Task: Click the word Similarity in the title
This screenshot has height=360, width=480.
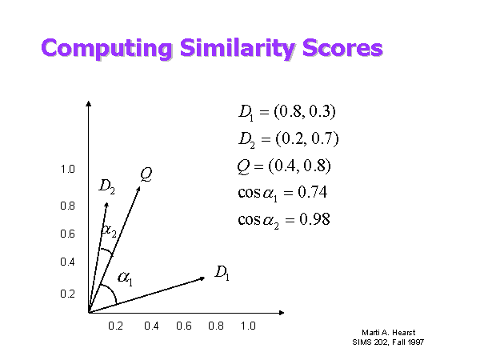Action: tap(238, 48)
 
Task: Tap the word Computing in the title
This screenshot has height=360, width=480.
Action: tap(106, 48)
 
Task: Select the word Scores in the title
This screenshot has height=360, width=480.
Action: tap(343, 48)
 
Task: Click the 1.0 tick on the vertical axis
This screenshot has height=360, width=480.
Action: tap(68, 169)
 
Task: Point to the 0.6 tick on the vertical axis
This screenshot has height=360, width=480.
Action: tap(68, 234)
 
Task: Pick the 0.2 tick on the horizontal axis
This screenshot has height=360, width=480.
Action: tap(116, 326)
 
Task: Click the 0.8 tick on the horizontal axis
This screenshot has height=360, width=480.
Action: tap(216, 326)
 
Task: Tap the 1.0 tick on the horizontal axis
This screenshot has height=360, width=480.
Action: tap(248, 326)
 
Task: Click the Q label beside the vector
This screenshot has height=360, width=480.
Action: tap(146, 174)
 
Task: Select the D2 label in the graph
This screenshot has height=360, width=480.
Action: tap(107, 186)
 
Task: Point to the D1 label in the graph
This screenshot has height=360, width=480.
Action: tap(222, 273)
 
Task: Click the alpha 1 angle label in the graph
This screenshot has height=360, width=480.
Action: tap(126, 278)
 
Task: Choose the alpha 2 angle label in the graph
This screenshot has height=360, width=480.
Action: tap(109, 230)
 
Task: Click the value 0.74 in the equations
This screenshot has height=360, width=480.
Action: tap(313, 192)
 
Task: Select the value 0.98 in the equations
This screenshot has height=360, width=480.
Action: tap(314, 219)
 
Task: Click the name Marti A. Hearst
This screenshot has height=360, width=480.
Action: tap(389, 333)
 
